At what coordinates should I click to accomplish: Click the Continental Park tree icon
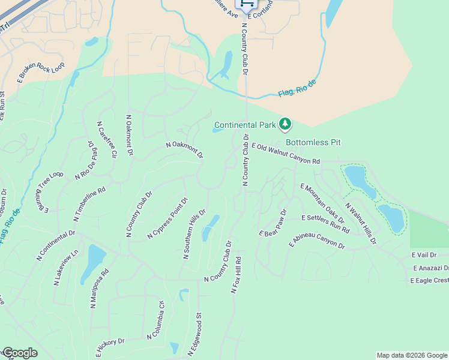click(x=286, y=124)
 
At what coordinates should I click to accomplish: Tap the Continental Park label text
click(x=244, y=125)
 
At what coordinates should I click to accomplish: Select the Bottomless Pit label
click(x=313, y=142)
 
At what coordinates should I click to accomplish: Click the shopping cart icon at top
click(x=246, y=4)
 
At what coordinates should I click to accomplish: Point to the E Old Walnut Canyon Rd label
click(x=286, y=154)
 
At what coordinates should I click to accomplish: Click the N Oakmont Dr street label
click(x=184, y=150)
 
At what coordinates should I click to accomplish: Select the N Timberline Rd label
click(x=89, y=202)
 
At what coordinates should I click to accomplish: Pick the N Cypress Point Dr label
click(x=168, y=218)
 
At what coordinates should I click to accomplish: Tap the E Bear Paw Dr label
click(x=274, y=223)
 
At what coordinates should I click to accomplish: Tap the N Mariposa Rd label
click(x=100, y=289)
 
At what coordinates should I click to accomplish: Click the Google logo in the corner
click(x=19, y=353)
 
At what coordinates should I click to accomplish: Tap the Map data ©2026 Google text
click(x=412, y=355)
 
